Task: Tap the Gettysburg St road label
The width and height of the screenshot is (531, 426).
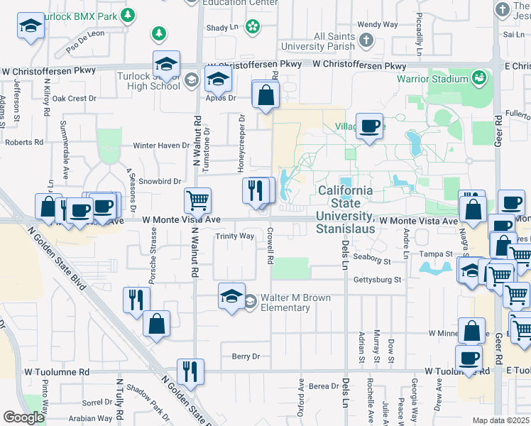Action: tap(378, 280)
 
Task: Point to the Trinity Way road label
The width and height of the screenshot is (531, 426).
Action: tap(235, 236)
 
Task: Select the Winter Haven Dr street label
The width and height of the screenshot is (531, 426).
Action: tap(162, 146)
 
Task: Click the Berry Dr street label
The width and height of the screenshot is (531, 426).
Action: tap(246, 356)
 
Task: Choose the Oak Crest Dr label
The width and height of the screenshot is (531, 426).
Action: tap(74, 99)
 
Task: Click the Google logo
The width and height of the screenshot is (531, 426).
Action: tap(23, 417)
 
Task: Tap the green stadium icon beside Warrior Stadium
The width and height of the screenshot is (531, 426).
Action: tap(480, 76)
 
